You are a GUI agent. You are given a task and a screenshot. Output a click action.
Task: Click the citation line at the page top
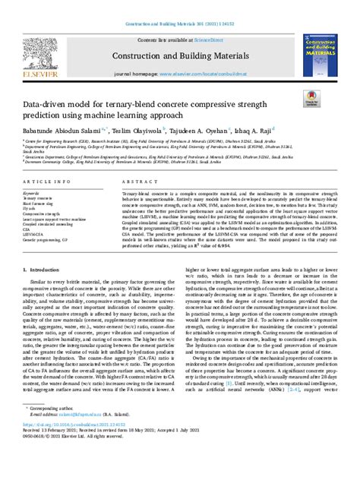[x=179, y=5]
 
